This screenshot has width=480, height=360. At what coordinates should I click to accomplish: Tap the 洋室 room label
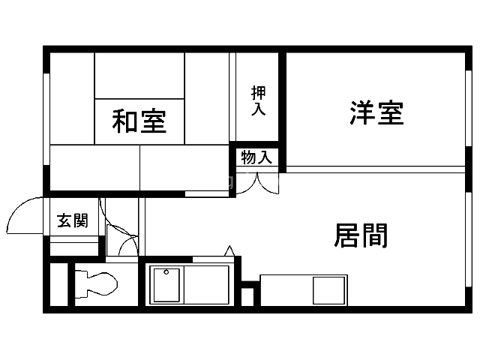point(376,112)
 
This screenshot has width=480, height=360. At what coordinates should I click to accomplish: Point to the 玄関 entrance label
point(73,220)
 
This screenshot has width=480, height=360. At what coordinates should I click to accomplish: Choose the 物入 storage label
point(256,157)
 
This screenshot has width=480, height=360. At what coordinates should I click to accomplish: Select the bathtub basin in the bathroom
point(166,285)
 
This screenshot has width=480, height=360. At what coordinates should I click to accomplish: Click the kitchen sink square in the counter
point(327,289)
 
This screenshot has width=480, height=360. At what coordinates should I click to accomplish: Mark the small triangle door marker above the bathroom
point(229,250)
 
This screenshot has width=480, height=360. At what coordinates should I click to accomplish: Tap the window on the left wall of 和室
point(47,120)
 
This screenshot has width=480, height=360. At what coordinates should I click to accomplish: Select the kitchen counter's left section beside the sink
point(285,289)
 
